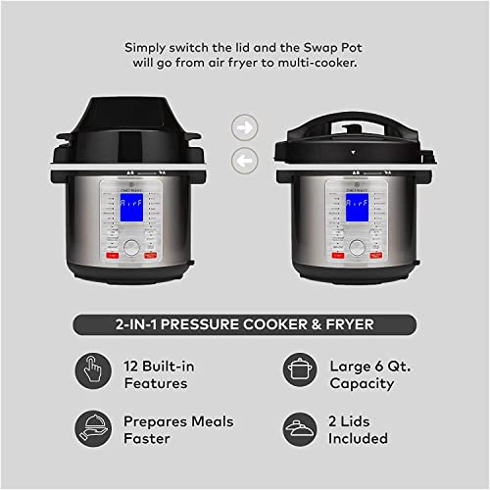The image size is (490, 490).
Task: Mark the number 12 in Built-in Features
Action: pos(133,366)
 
